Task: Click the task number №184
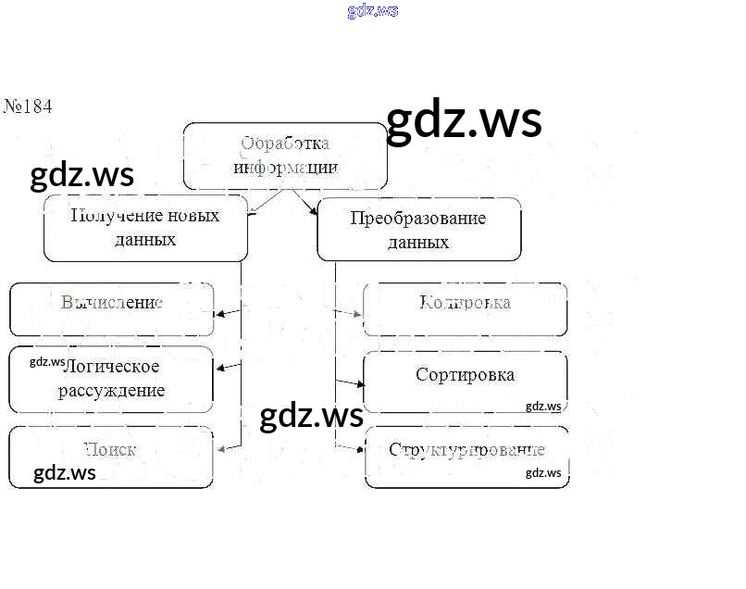pos(28,107)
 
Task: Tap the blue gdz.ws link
pos(373,11)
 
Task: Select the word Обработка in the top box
pos(284,144)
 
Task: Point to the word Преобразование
pos(418,219)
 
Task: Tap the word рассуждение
pos(112,390)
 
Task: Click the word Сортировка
pos(465,375)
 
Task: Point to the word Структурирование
pos(466,451)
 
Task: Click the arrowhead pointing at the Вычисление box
pos(219,315)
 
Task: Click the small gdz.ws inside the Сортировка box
pos(543,406)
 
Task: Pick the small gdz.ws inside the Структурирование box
pos(543,472)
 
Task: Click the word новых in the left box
pos(193,216)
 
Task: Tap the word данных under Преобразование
pos(418,243)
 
